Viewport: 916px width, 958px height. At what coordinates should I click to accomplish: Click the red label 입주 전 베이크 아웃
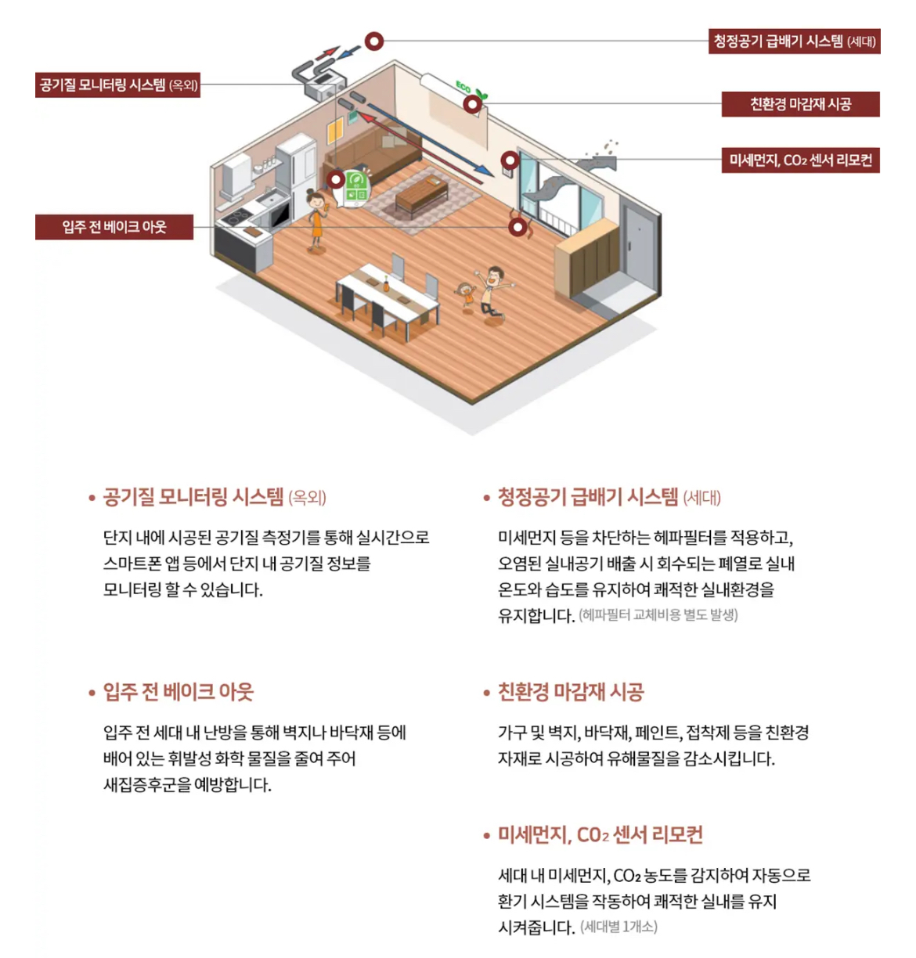click(x=114, y=227)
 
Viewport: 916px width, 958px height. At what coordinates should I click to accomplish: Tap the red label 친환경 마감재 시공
click(x=800, y=104)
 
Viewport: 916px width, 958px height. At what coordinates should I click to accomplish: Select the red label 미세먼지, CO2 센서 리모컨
click(x=800, y=160)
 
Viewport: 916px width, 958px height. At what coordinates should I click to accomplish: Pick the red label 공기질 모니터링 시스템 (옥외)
click(x=118, y=85)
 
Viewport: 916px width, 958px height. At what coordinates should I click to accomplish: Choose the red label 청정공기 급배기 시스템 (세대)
click(x=794, y=41)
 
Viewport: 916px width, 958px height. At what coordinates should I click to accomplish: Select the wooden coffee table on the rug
click(x=420, y=193)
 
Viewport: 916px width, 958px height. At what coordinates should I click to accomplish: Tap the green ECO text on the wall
click(x=463, y=86)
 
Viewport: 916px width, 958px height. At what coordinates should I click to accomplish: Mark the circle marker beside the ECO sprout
click(x=472, y=103)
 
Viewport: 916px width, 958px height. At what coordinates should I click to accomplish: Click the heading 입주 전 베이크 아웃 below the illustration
click(x=179, y=692)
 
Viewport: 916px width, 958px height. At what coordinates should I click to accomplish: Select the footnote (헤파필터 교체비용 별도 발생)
click(x=658, y=615)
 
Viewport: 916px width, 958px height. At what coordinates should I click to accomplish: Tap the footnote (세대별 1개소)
click(x=618, y=927)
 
